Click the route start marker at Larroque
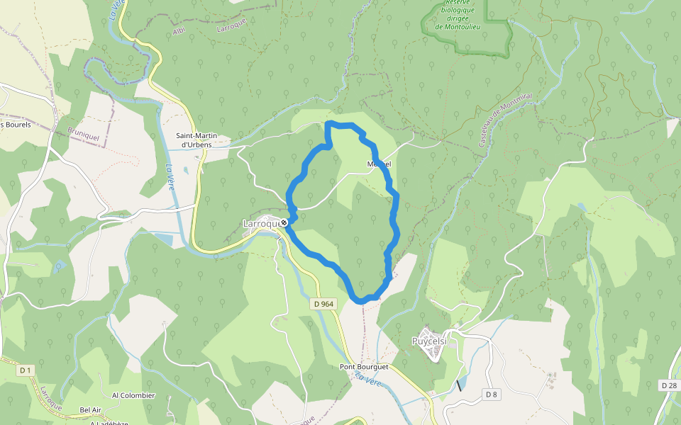tap(284, 223)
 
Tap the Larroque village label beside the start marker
tap(261, 224)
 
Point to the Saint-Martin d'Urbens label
tap(196, 140)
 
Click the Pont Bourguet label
tap(364, 367)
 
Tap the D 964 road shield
tap(323, 304)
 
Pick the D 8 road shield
tap(491, 394)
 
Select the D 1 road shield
tap(26, 370)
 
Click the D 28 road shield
tap(668, 385)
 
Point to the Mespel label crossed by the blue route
tap(379, 164)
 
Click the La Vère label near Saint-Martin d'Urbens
tap(170, 177)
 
